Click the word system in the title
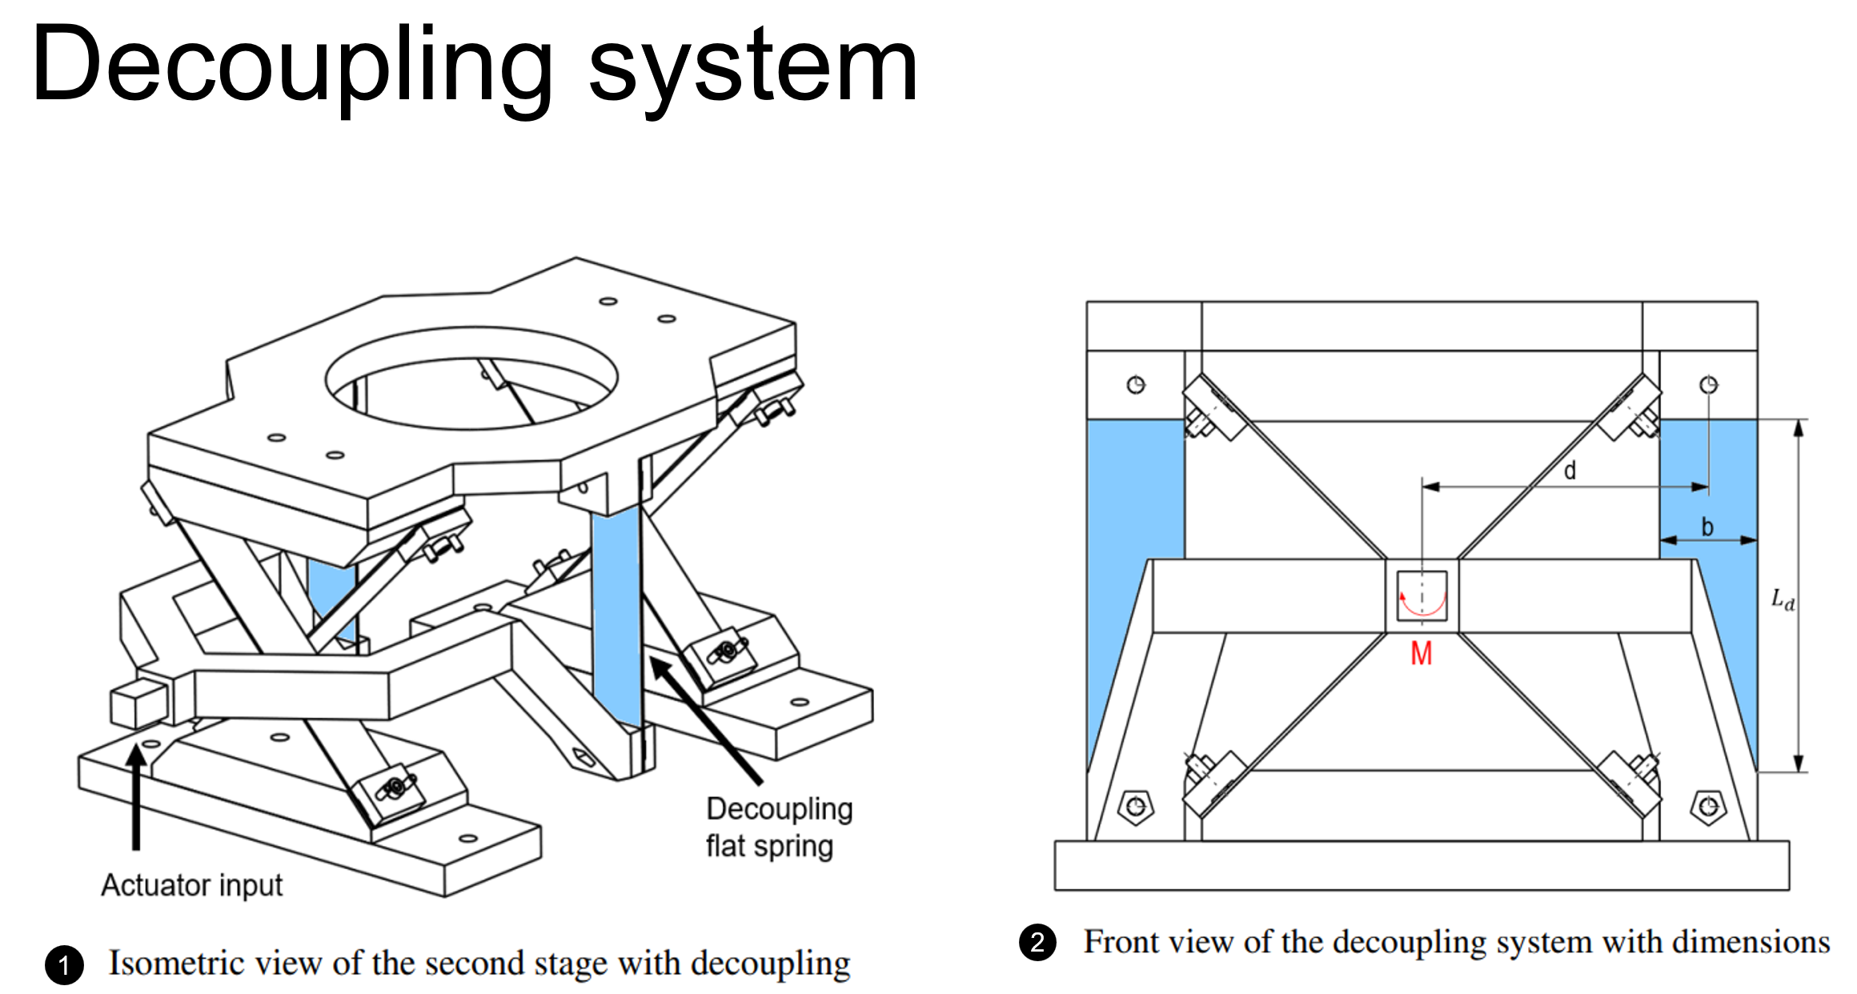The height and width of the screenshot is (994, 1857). pos(752,68)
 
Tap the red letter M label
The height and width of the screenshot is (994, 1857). pos(1421,654)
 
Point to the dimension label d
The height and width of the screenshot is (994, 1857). pos(1570,471)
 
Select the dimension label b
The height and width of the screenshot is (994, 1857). pos(1707,527)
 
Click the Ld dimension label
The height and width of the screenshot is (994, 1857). pos(1783,599)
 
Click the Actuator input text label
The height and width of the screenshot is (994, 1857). pos(192,885)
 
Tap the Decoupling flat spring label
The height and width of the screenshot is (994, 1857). pos(778,827)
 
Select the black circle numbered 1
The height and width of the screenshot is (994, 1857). pos(65,964)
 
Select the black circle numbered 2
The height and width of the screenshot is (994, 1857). pos(1037,942)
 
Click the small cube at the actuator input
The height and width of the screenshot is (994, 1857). pos(138,703)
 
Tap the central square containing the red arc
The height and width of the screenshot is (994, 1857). pos(1422,596)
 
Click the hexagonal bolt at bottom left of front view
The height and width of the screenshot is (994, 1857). pos(1136,807)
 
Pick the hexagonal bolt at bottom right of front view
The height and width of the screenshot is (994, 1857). pos(1708,807)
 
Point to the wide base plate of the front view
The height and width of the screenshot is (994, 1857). pos(1422,865)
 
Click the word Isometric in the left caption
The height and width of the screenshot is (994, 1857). pos(165,964)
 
